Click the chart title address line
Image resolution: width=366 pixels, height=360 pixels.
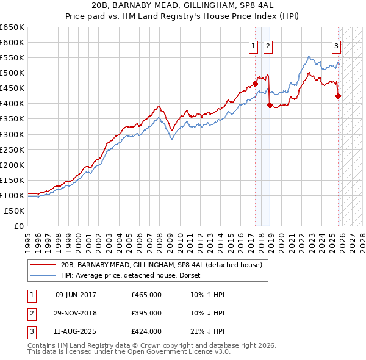click(183, 5)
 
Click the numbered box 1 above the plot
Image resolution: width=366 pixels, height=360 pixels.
click(253, 45)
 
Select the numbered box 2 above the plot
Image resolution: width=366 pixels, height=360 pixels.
click(268, 45)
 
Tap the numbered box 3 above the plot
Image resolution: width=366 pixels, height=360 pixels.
click(335, 45)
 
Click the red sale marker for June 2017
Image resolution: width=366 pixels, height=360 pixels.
click(255, 84)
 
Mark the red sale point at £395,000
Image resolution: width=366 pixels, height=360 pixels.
click(270, 105)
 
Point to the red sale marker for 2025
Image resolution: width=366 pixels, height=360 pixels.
click(338, 96)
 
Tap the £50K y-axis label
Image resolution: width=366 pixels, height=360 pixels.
click(15, 211)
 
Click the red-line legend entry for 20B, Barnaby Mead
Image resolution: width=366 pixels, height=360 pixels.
click(162, 265)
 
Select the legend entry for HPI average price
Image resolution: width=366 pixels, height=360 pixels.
click(134, 275)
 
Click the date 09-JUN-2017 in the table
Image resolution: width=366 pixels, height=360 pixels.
click(76, 295)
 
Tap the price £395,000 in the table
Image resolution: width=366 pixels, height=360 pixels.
click(146, 313)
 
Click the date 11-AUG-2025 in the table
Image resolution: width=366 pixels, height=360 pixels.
click(76, 331)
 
